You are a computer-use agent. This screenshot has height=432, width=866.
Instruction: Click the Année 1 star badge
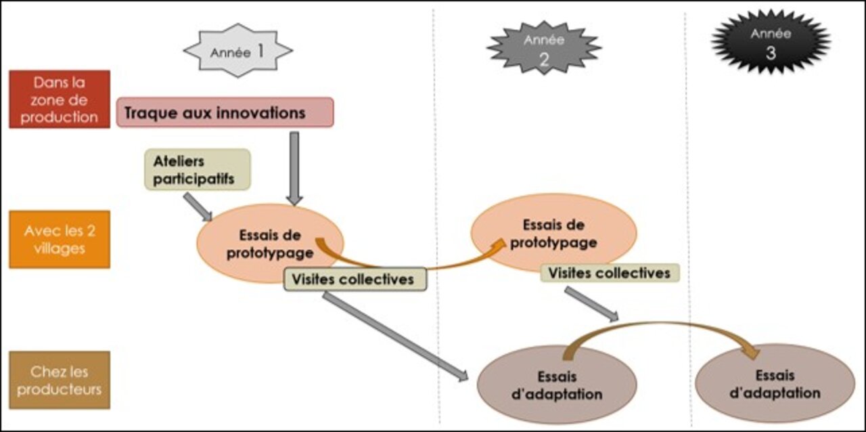point(238,51)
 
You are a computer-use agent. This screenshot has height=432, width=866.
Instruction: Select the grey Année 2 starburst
point(544,48)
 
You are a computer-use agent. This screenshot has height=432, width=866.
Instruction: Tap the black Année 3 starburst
point(771,42)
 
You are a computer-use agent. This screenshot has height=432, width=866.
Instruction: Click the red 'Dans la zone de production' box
point(60,99)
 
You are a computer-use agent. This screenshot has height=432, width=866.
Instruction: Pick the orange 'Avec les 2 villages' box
point(60,239)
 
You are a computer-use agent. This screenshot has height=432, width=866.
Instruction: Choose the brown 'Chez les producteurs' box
point(60,380)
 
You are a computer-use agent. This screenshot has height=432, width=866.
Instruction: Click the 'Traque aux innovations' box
point(225,112)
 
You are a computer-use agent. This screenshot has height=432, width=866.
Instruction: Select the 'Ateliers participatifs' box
point(198,169)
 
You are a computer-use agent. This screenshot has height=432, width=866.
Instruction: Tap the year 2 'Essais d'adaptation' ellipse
point(557,385)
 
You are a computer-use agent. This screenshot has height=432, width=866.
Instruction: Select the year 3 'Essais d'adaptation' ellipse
point(775,384)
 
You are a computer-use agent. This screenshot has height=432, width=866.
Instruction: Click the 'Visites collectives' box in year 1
point(355,279)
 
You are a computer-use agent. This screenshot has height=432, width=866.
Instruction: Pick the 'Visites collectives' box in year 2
point(610,273)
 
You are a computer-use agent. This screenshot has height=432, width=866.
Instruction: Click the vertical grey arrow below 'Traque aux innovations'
point(294,169)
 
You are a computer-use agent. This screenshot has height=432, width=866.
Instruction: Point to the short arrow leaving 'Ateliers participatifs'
point(198,207)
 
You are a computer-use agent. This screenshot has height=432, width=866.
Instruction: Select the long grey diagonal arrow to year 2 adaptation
point(395,337)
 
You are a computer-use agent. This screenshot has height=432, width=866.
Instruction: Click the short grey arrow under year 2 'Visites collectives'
point(591,304)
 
